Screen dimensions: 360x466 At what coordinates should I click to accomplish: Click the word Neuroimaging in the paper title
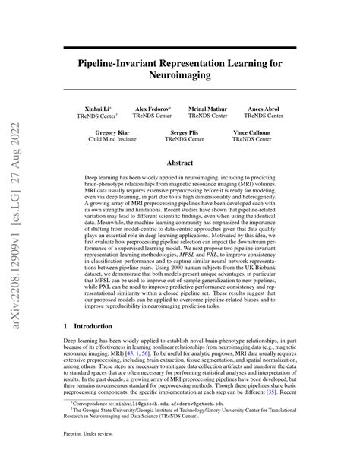click(x=180, y=76)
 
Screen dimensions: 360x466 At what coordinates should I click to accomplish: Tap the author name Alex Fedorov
click(x=152, y=109)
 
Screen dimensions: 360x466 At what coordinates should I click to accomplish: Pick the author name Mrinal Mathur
click(x=207, y=109)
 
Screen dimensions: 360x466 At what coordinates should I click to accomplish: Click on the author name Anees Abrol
click(x=264, y=109)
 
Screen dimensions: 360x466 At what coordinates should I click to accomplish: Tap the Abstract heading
click(x=180, y=162)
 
